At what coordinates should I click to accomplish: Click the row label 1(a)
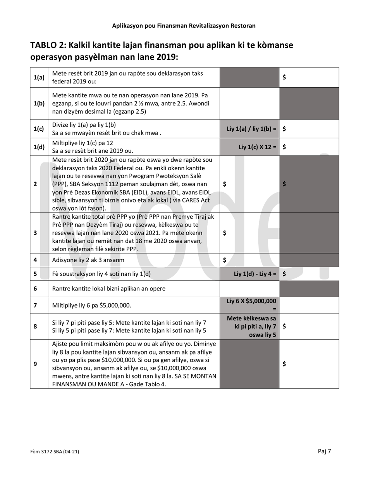tap(39, 77)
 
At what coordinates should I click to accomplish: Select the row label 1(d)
tap(39, 147)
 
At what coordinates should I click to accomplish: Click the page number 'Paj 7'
tap(324, 451)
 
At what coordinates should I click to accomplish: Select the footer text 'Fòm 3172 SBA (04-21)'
tap(55, 451)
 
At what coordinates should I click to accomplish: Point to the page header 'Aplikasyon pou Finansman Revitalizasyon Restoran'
tap(184, 26)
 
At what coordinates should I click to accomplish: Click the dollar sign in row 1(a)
tap(285, 77)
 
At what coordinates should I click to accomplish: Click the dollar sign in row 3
tap(225, 233)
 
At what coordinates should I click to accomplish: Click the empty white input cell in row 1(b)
tap(249, 104)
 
